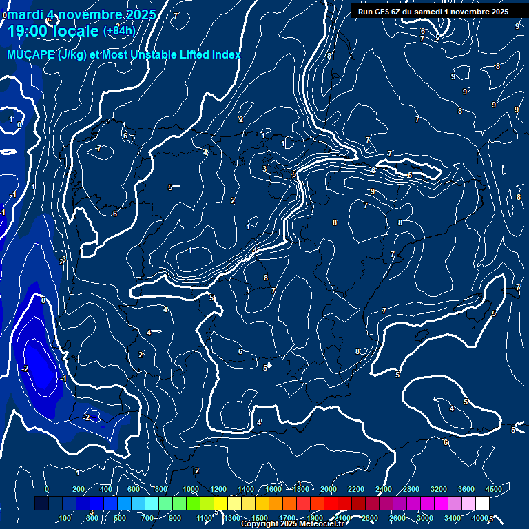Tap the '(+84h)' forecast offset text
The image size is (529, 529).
point(119,31)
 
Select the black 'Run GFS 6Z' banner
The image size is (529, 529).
point(433,12)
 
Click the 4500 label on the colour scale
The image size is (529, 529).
point(493,489)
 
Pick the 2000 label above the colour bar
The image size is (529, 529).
point(329,489)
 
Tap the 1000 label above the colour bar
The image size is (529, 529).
point(191,489)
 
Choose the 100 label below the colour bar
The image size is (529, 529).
point(65,518)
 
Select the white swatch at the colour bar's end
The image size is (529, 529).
point(482,504)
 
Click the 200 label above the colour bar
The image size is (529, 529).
point(78,489)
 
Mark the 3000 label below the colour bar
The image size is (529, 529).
point(425,518)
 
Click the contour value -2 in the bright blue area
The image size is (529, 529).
point(25,369)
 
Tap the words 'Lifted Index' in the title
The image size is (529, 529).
point(207,55)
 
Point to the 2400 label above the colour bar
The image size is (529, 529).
point(384,489)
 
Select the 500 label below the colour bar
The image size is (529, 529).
point(120,518)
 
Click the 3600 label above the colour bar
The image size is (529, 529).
point(466,489)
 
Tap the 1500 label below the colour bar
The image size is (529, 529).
point(260,518)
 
